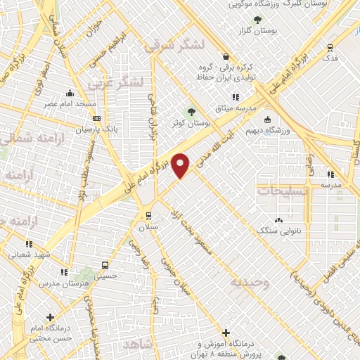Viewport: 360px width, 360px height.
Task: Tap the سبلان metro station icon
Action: [148, 215]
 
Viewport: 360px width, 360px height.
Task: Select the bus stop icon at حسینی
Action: [105, 265]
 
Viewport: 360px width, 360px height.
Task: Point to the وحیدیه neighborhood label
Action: [247, 282]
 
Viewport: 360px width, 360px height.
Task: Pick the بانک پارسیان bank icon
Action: [96, 118]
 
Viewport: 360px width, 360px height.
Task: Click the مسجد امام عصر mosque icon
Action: [69, 94]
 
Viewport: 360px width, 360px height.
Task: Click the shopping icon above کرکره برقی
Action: [224, 57]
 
